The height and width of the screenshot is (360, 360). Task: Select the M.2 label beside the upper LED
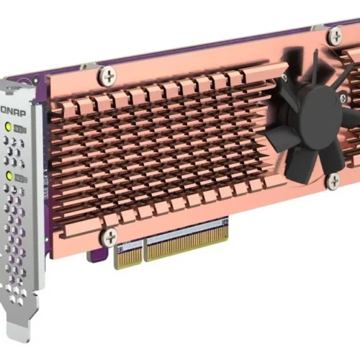click(22, 130)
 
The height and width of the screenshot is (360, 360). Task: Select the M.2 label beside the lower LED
click(22, 177)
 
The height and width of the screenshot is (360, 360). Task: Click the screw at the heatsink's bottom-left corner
click(109, 236)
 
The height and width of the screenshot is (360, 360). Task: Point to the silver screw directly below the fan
click(332, 181)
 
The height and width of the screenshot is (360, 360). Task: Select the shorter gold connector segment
click(128, 256)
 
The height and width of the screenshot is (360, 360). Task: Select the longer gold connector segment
click(187, 240)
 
